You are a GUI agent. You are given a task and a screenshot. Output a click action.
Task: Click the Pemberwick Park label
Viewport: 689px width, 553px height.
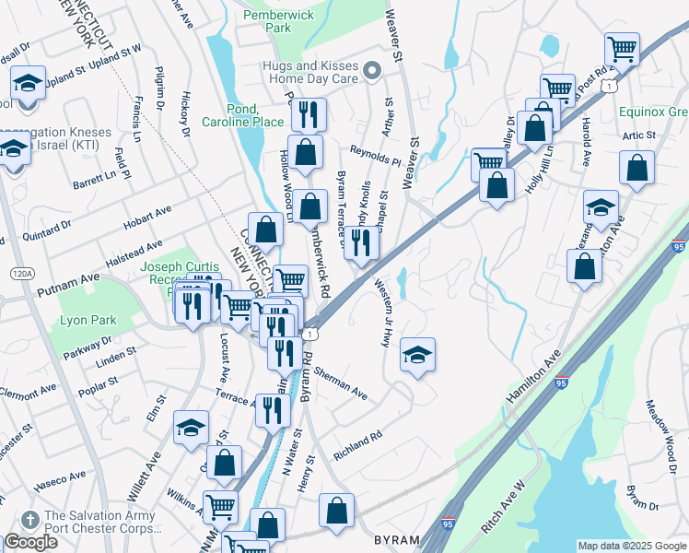279,21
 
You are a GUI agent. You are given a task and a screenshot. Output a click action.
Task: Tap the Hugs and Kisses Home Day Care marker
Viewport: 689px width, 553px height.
372,71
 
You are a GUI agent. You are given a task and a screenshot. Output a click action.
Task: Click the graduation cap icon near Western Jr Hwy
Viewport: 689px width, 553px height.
417,355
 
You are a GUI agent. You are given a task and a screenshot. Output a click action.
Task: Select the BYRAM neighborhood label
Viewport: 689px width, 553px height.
397,539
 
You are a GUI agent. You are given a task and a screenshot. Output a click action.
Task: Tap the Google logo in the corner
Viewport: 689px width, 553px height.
30,542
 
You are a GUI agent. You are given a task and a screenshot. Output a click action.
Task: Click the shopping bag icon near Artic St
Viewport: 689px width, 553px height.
636,168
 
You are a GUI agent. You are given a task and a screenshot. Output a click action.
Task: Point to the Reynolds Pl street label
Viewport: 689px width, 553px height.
374,154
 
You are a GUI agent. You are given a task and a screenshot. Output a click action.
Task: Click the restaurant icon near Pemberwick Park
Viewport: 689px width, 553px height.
308,114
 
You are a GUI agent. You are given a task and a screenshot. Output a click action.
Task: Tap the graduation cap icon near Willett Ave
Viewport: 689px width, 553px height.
191,428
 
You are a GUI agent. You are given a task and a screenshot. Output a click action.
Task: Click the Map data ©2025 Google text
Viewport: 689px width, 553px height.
631,546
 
